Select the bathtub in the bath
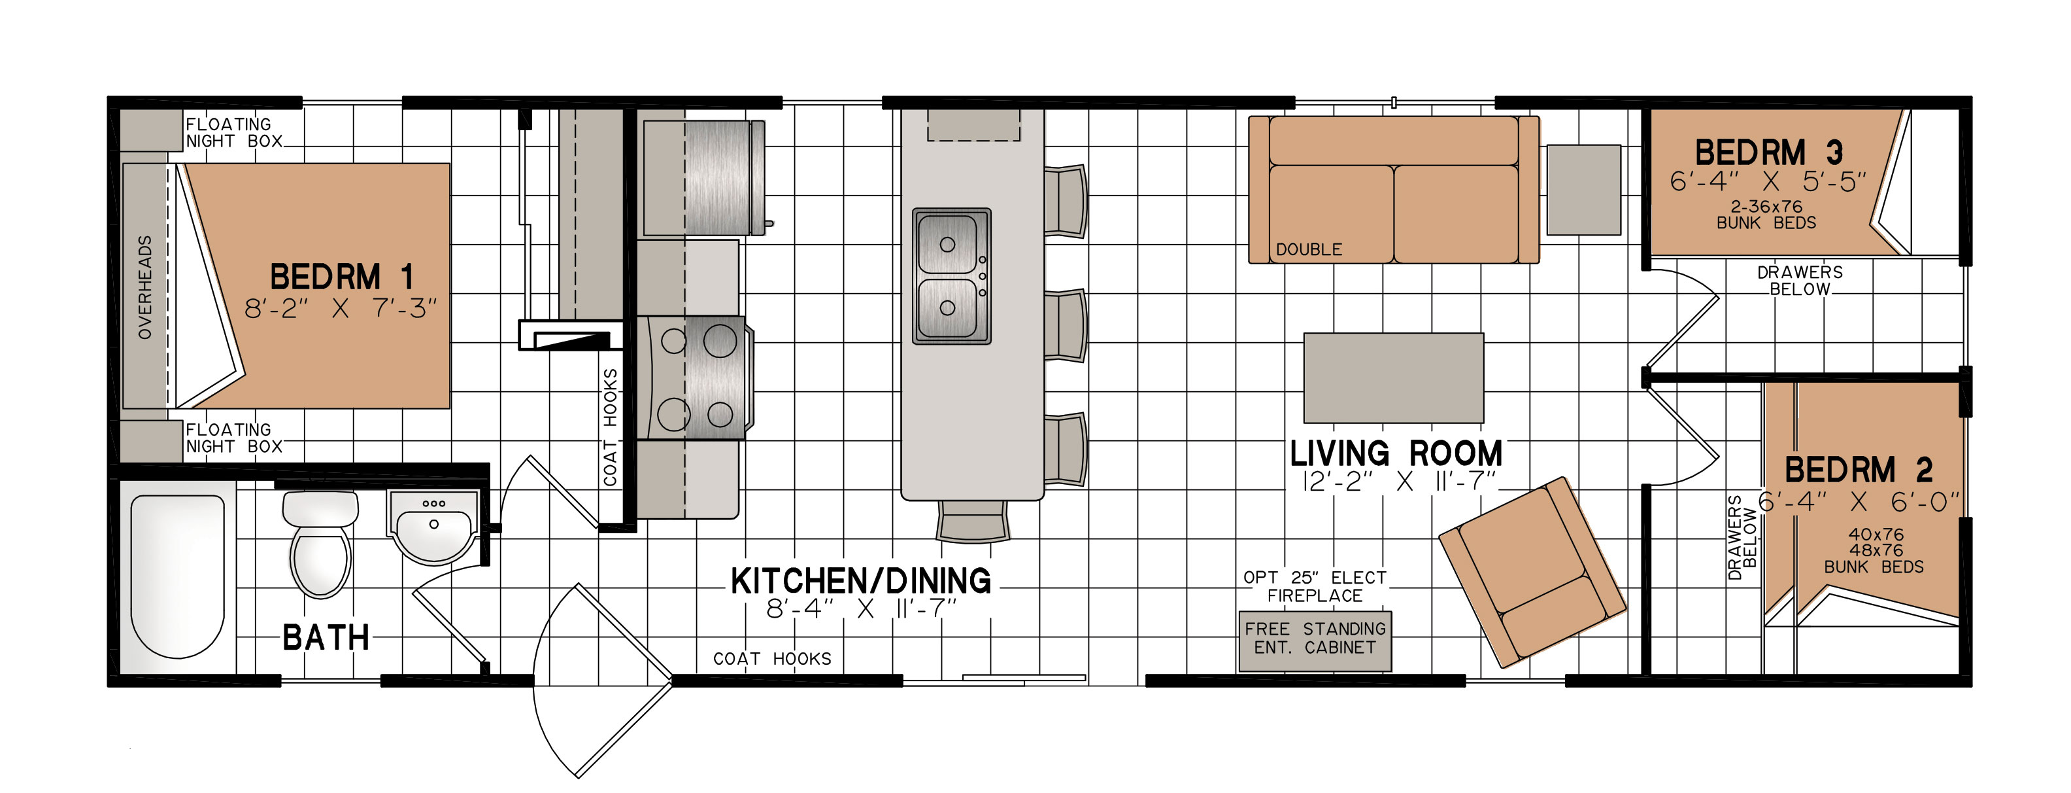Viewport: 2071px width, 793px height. click(177, 576)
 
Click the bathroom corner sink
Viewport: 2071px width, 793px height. click(434, 526)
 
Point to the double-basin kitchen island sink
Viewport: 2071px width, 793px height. click(951, 276)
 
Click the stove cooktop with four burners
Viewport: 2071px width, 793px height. click(696, 377)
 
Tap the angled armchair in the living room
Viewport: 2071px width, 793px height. click(1532, 572)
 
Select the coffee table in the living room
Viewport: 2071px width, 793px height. click(1393, 378)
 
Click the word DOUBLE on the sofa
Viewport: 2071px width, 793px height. click(1309, 249)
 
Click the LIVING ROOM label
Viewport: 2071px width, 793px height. click(1396, 453)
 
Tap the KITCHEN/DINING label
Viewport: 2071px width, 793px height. click(860, 580)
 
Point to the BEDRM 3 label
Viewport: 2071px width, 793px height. click(1769, 152)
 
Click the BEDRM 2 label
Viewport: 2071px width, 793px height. click(1859, 470)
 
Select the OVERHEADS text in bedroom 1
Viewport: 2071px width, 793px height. click(144, 287)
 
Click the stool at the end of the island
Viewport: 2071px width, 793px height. click(972, 520)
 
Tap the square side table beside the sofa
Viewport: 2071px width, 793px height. click(1584, 190)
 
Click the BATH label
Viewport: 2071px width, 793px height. click(326, 638)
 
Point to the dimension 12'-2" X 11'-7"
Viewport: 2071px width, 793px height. click(1398, 482)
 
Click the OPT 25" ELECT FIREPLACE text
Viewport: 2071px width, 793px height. click(1315, 586)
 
